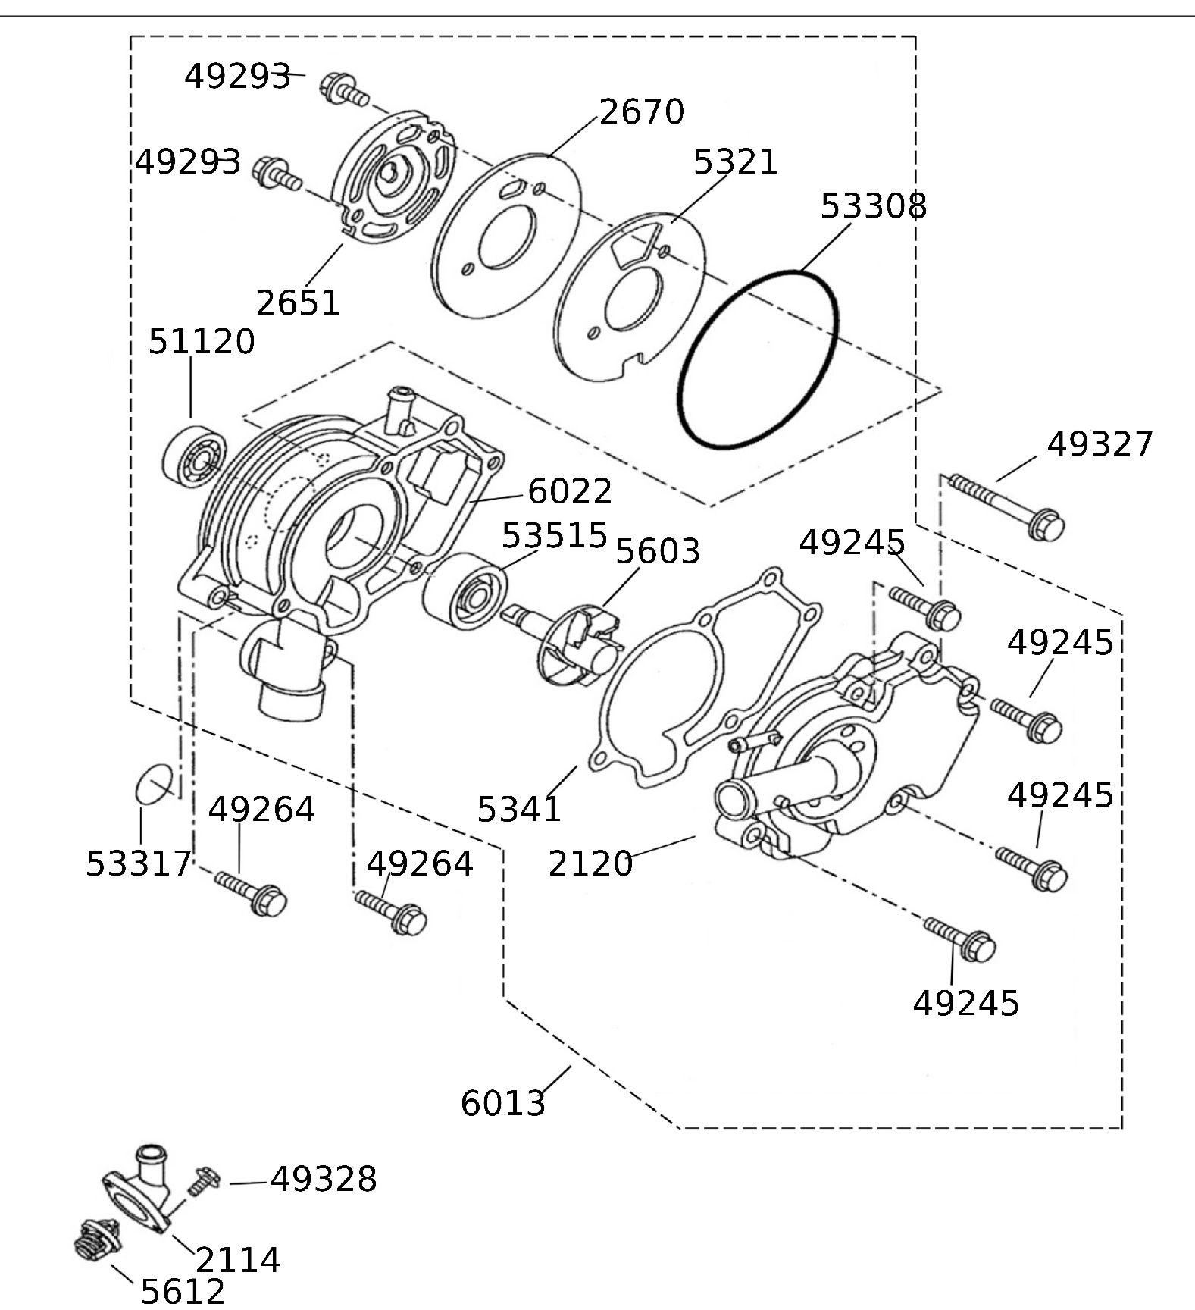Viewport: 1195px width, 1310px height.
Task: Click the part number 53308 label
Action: [873, 205]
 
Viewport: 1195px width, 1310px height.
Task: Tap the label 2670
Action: [642, 112]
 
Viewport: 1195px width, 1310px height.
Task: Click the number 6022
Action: [569, 491]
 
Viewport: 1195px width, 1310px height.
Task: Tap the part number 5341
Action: [519, 810]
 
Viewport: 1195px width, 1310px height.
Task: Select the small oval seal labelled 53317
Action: [155, 785]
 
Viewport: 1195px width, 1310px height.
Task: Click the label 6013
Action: [502, 1103]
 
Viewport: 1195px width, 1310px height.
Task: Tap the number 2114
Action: [238, 1260]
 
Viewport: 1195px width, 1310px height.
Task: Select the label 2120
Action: [590, 863]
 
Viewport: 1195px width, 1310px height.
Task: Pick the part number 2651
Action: [298, 302]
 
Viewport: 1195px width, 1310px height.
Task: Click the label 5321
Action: [735, 162]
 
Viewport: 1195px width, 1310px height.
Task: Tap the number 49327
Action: [1099, 445]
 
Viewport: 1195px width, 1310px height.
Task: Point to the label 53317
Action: [138, 863]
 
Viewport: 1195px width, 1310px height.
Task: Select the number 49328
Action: [324, 1180]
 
